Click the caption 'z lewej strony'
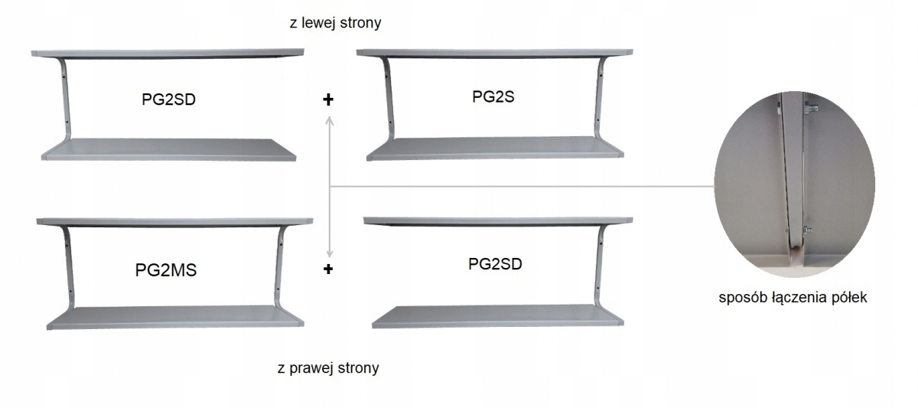(x=330, y=24)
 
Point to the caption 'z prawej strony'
(x=328, y=367)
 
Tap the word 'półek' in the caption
(x=847, y=298)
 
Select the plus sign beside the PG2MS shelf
(x=330, y=269)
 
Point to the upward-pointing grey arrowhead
(x=330, y=119)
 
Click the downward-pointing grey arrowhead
(x=330, y=253)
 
